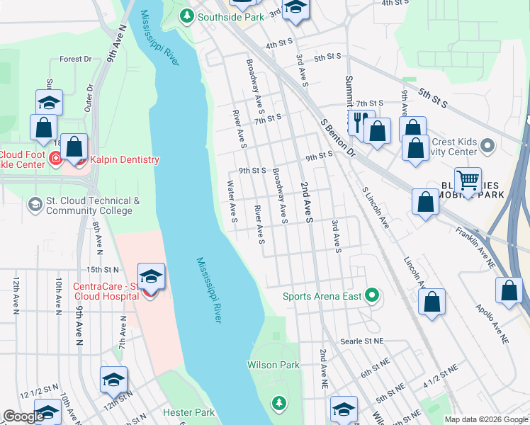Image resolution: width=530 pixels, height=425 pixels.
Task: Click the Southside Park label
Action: click(225, 16)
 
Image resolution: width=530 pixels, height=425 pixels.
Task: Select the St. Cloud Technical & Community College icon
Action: click(34, 205)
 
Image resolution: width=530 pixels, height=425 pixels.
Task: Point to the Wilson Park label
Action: click(273, 365)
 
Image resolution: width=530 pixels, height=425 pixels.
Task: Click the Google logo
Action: click(23, 416)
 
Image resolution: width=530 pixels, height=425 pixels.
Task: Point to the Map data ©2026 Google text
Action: click(485, 419)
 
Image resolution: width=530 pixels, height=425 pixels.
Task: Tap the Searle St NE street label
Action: click(361, 341)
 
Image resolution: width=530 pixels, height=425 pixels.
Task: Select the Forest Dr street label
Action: click(77, 59)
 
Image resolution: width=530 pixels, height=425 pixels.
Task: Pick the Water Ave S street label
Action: click(232, 201)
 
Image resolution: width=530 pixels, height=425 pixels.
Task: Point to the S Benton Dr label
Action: click(337, 136)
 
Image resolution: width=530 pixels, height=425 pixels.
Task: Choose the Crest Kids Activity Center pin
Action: click(486, 147)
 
